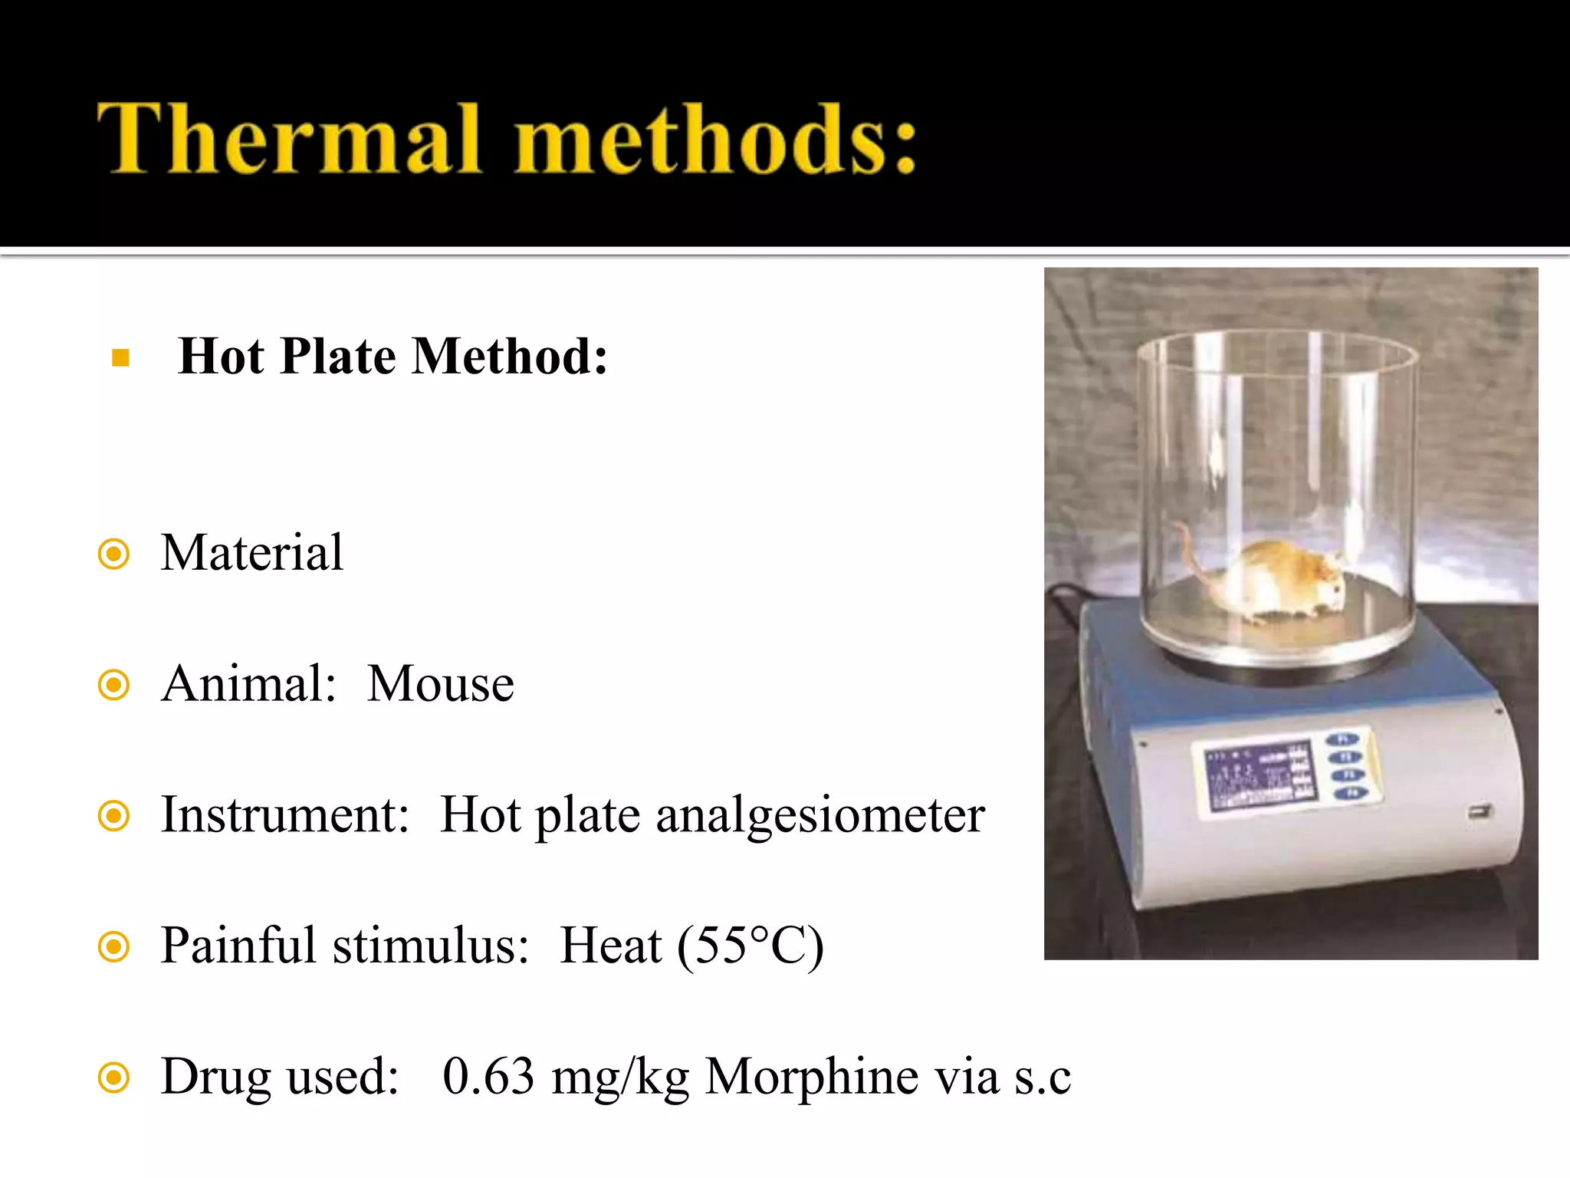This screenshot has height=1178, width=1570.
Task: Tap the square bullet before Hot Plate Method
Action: pos(120,358)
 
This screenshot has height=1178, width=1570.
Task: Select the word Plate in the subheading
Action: pos(337,357)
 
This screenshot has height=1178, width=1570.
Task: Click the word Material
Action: pos(252,553)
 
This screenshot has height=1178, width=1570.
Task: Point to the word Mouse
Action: pos(440,684)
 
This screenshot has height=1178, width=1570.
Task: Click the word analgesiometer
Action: pos(820,815)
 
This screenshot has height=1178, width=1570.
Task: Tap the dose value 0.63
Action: pos(488,1076)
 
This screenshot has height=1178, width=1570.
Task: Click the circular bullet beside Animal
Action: pos(114,685)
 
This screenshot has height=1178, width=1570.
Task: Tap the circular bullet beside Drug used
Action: pos(114,1078)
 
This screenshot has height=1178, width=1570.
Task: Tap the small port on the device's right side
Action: pos(1479,811)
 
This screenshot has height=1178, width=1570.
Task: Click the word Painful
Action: pos(238,946)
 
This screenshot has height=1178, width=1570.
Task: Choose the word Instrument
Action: pos(284,815)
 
